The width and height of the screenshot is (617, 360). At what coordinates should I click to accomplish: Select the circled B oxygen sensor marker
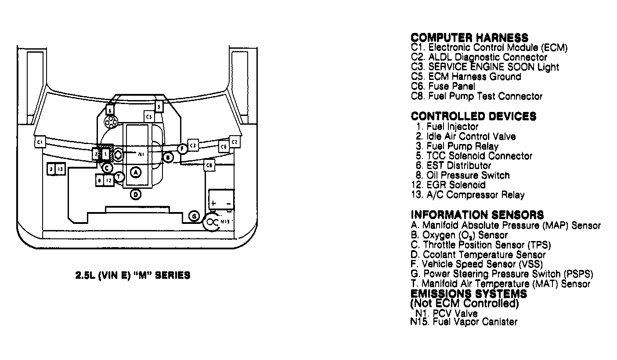coord(167,157)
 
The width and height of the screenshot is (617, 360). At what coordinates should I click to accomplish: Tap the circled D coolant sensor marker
coord(136,194)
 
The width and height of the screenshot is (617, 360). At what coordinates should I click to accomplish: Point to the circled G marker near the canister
coord(194,216)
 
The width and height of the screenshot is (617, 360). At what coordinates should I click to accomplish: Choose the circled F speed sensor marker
coord(182,149)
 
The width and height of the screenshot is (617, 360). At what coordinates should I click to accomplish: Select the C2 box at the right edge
coord(234,142)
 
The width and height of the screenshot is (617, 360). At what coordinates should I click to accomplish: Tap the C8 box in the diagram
coord(210,165)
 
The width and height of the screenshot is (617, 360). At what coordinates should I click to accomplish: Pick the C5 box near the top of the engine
coord(149,116)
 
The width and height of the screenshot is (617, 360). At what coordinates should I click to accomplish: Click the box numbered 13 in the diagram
coord(61,169)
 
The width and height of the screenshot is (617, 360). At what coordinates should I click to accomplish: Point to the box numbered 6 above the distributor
coord(110,110)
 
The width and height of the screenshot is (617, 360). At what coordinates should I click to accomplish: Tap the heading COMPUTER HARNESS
coord(469,38)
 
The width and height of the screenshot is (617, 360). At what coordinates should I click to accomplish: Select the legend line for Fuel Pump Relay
coord(457,146)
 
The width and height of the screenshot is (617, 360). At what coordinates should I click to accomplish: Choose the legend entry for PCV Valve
coord(446,313)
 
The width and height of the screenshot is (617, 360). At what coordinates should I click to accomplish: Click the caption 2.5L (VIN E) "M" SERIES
coord(133,276)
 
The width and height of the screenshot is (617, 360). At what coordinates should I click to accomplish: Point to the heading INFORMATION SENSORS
coord(477,215)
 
